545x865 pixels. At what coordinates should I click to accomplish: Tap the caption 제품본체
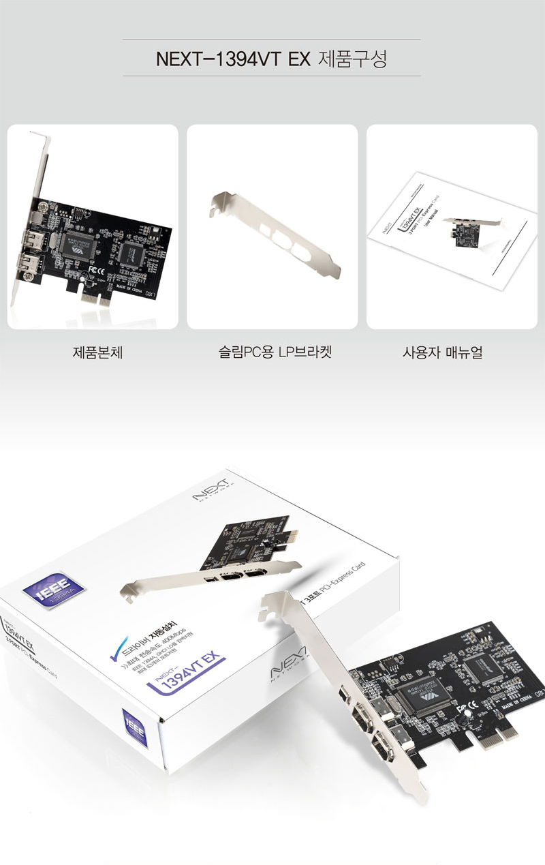97,352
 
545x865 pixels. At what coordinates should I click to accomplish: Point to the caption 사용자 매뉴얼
442,352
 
